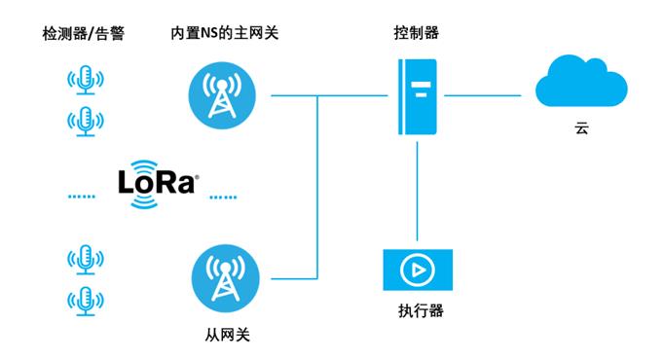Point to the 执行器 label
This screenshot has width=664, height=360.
click(420, 312)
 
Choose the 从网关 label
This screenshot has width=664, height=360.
click(227, 335)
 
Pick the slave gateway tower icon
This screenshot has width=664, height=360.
click(227, 278)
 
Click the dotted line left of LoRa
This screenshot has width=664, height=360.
click(83, 196)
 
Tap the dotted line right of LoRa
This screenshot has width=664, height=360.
click(223, 196)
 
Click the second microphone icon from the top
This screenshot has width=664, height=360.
click(85, 122)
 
